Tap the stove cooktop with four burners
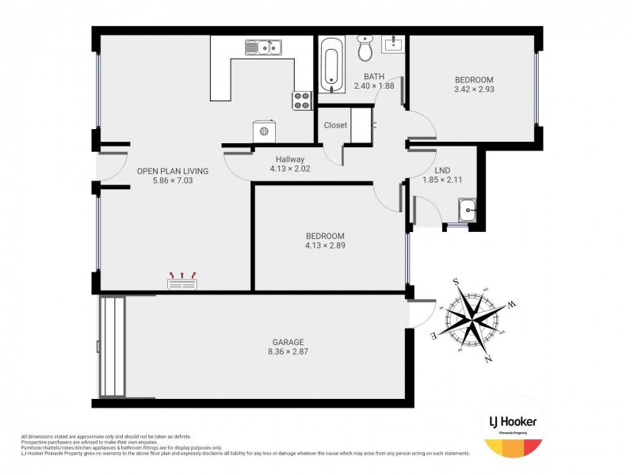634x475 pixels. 303,101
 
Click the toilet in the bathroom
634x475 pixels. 365,49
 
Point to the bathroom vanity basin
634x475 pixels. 393,44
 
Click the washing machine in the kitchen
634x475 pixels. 264,131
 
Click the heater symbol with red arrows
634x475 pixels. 183,280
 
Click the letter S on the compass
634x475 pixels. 456,281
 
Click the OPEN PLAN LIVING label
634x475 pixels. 173,170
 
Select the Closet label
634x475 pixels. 335,125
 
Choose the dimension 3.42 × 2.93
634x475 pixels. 474,89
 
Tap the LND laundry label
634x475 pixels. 442,170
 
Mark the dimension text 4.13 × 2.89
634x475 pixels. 326,245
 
